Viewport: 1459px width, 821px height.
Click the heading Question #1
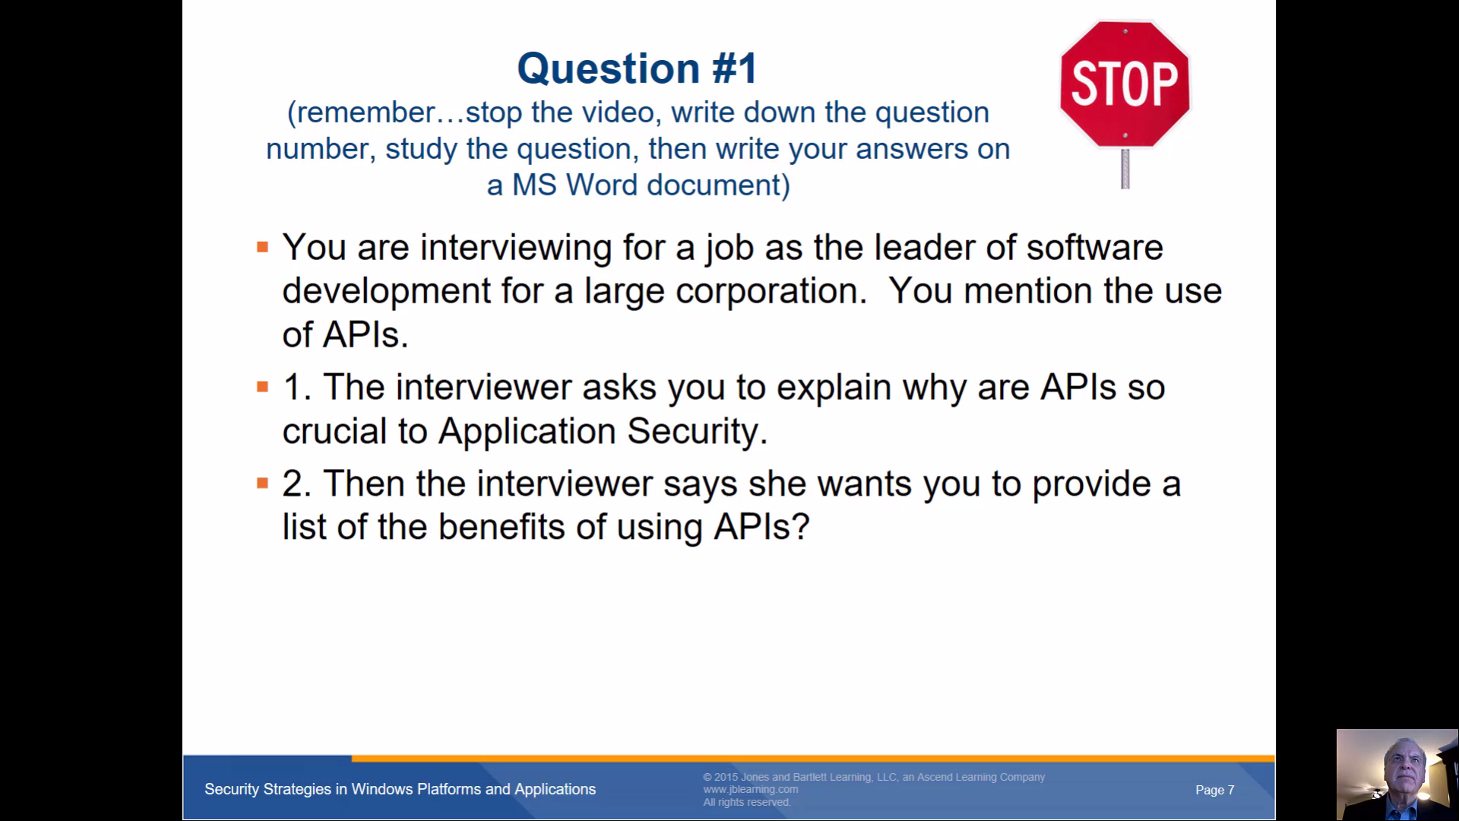coord(637,68)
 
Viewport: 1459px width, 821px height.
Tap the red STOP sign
coord(1125,84)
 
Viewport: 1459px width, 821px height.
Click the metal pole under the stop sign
coord(1125,168)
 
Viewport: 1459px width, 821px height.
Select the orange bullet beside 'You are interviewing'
coord(263,247)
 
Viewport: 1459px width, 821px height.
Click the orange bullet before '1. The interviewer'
coord(263,387)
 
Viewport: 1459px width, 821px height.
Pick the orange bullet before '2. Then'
coord(263,483)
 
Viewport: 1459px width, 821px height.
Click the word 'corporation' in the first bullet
coord(771,292)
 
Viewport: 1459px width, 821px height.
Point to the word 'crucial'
coord(334,431)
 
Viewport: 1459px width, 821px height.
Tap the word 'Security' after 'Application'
coord(697,431)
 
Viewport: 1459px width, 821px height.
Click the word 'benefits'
coord(502,527)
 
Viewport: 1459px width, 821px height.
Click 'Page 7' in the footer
coord(1214,790)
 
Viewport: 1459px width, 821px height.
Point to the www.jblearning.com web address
coord(750,789)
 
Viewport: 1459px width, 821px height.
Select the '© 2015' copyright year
coord(720,777)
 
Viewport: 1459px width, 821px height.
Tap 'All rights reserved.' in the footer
coord(747,802)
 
